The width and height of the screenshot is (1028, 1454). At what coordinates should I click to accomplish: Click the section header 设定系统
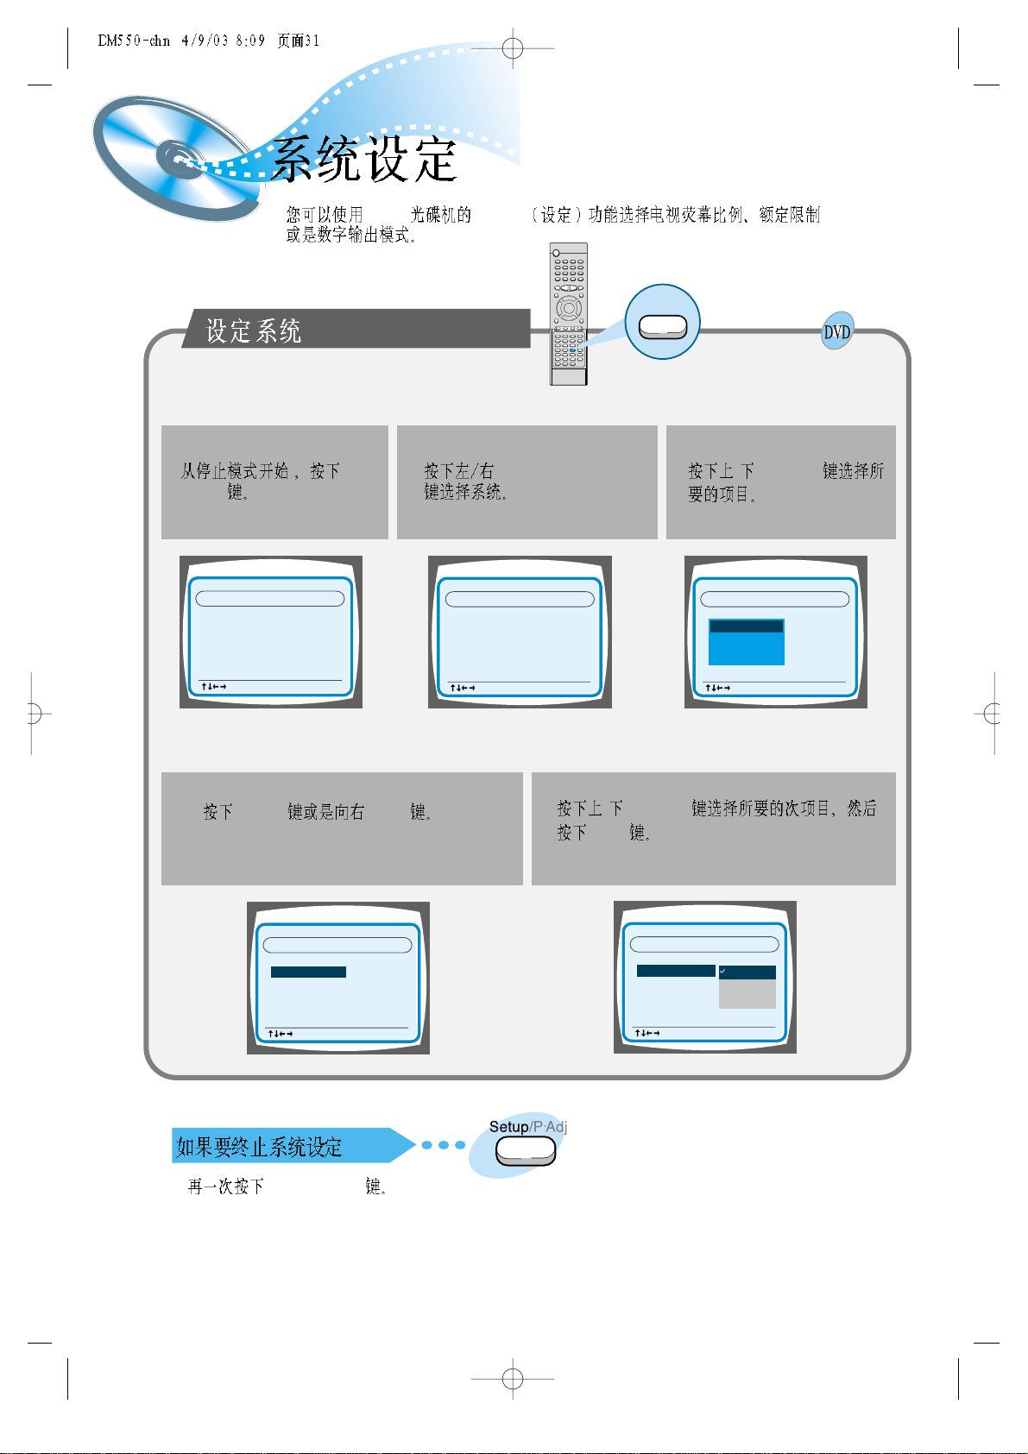[x=254, y=330]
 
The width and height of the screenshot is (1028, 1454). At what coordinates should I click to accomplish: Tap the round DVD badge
[x=836, y=331]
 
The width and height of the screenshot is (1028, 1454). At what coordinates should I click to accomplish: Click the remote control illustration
[x=569, y=314]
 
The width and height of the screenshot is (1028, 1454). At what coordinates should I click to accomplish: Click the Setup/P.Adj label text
[x=527, y=1127]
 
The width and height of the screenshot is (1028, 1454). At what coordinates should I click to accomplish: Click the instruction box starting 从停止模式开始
[x=274, y=482]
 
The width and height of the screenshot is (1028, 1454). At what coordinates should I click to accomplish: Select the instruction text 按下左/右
[x=458, y=470]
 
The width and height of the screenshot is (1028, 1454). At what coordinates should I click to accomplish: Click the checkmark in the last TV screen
[x=722, y=972]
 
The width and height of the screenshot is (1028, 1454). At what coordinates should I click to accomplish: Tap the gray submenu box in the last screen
[x=747, y=993]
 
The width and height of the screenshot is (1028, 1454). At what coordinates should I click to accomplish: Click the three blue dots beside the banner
[x=444, y=1145]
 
